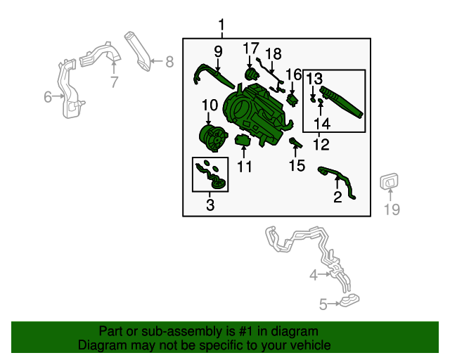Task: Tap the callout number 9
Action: (x=218, y=51)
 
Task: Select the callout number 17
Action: (x=251, y=49)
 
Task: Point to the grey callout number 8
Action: (x=169, y=62)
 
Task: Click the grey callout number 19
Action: (x=392, y=210)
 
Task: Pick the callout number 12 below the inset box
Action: (x=321, y=144)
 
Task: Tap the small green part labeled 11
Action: (x=243, y=141)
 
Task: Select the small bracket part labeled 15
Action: (x=295, y=143)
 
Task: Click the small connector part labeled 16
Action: (x=292, y=100)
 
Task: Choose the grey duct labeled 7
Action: (x=101, y=55)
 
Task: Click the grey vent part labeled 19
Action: (x=389, y=181)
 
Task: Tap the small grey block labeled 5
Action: (x=349, y=300)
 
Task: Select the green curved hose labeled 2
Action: (x=337, y=181)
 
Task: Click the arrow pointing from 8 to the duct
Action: (x=156, y=61)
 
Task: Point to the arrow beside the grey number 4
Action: (x=325, y=274)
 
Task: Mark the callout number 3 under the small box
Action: (x=210, y=205)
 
